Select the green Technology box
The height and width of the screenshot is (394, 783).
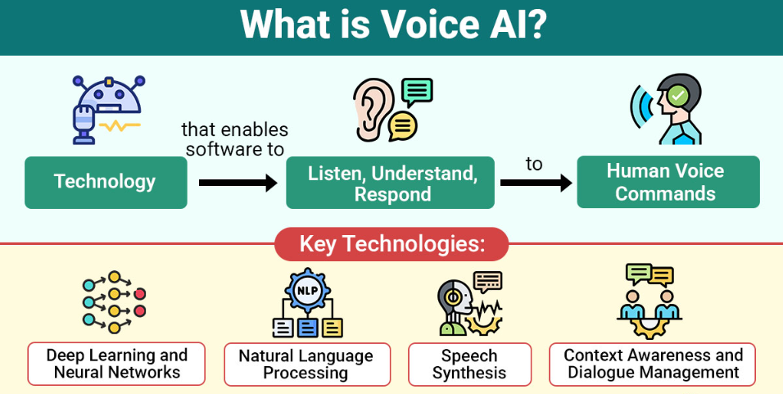pos(106,182)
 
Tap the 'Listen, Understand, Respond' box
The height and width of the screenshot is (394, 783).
pos(391,183)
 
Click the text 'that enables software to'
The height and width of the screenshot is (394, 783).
pos(234,139)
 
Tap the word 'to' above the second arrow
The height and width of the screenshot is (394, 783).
pos(534,164)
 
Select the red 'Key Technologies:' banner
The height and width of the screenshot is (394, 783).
pos(391,244)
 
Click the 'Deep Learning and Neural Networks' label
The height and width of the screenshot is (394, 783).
pos(116,364)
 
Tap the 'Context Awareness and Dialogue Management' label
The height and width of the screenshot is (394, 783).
pos(652,364)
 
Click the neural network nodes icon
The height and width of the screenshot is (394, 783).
pos(114,302)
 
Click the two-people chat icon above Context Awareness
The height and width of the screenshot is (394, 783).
pos(651,301)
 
